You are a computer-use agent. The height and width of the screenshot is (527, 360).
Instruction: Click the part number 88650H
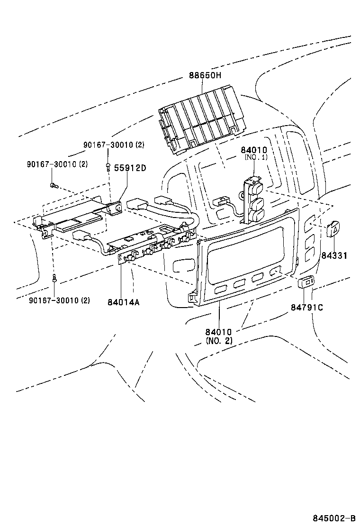205,75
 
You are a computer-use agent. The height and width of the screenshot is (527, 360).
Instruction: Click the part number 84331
334,255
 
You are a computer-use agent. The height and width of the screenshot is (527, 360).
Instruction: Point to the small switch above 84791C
306,283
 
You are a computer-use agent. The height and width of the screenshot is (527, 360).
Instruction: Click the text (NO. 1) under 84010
256,157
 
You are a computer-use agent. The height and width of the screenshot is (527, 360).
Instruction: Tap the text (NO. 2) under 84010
219,341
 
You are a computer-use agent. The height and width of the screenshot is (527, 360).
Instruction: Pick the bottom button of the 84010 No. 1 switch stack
256,216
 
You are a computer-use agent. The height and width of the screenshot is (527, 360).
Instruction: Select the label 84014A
123,302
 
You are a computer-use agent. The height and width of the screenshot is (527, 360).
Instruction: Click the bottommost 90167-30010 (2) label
59,300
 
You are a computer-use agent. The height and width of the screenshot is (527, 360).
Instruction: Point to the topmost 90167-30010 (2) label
114,145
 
